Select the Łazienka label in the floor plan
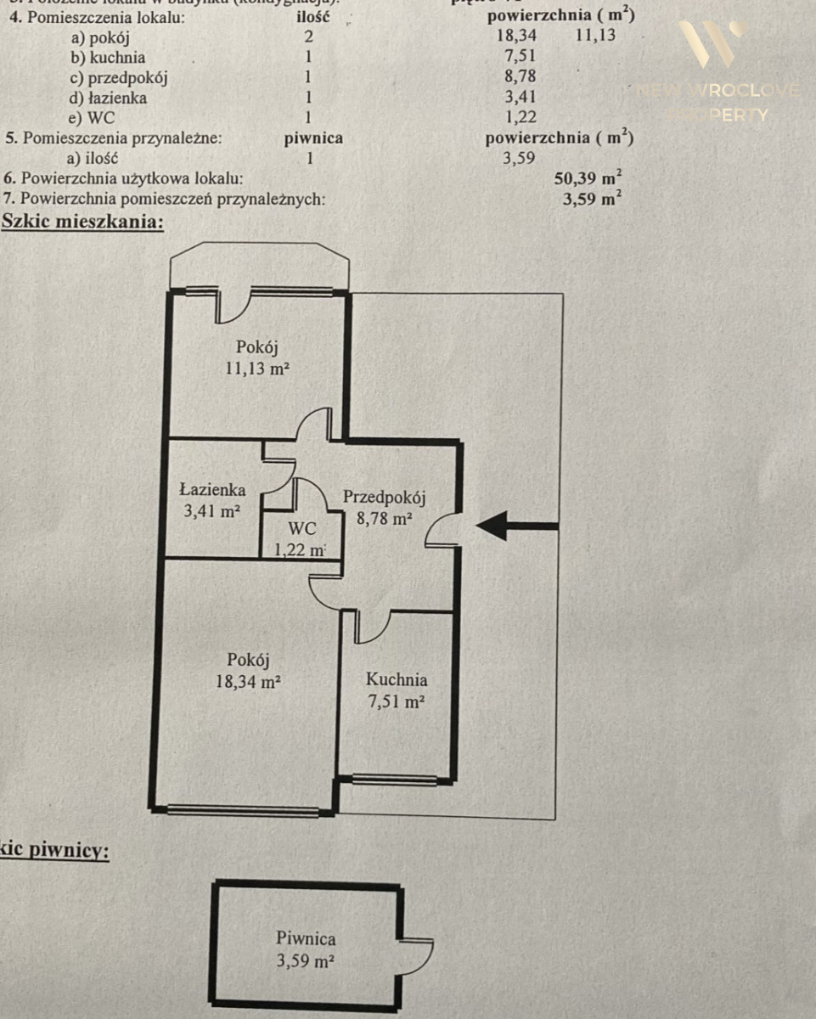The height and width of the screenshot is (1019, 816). tap(212, 490)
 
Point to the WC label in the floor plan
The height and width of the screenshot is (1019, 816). tap(301, 528)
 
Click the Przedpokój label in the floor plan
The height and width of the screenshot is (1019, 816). tap(384, 498)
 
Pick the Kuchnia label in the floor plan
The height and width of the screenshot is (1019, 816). tap(397, 679)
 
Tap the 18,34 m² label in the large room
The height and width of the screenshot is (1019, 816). tap(248, 680)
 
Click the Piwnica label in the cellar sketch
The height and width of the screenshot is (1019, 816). tap(306, 939)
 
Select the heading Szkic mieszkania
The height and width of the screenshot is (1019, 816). tap(82, 222)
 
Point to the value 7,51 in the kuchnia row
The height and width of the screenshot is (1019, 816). tap(519, 58)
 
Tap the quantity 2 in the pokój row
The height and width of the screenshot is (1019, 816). tap(309, 37)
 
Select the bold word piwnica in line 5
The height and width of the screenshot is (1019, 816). tap(313, 138)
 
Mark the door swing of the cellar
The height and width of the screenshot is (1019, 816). tap(416, 956)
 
